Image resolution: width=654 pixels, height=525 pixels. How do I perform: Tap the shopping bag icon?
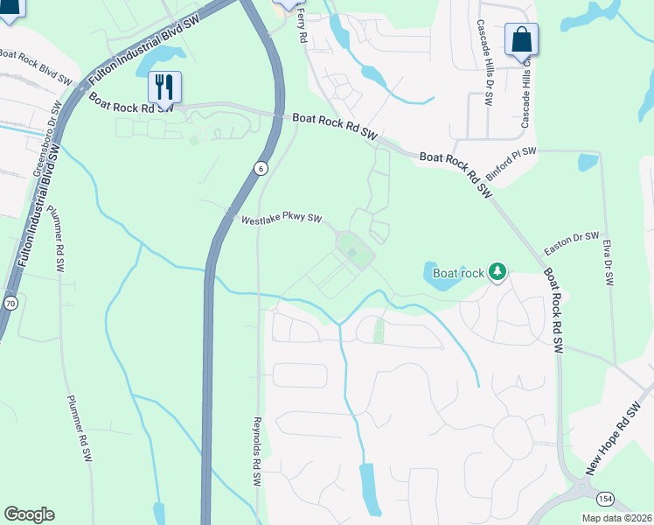(521, 39)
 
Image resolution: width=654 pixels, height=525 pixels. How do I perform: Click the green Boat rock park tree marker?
(497, 272)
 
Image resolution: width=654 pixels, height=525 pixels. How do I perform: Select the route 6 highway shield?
(261, 168)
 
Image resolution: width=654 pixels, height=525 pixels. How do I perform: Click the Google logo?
(29, 514)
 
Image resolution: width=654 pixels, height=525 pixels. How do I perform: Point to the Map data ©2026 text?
(616, 518)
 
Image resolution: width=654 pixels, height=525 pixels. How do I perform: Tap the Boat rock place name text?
(458, 273)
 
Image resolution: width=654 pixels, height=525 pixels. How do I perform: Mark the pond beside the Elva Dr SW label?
(588, 162)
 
